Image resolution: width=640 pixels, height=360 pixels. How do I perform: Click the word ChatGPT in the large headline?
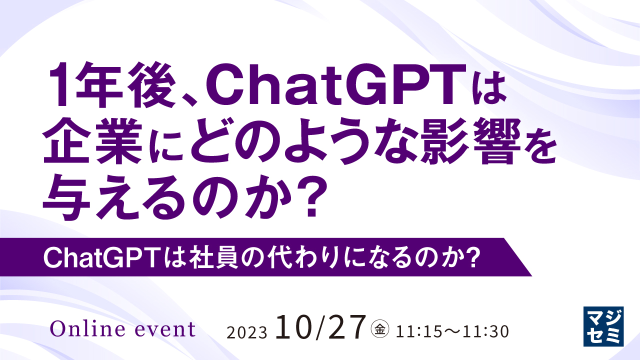click(339, 84)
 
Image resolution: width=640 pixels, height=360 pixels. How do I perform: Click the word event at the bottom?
click(165, 329)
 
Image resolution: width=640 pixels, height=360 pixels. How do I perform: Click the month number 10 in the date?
click(295, 327)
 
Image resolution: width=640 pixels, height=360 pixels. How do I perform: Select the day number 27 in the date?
click(346, 327)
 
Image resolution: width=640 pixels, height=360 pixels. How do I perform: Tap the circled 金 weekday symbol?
click(380, 329)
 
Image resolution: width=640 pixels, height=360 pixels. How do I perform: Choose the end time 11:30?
click(486, 331)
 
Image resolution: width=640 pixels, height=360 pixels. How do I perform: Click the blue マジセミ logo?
click(603, 326)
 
